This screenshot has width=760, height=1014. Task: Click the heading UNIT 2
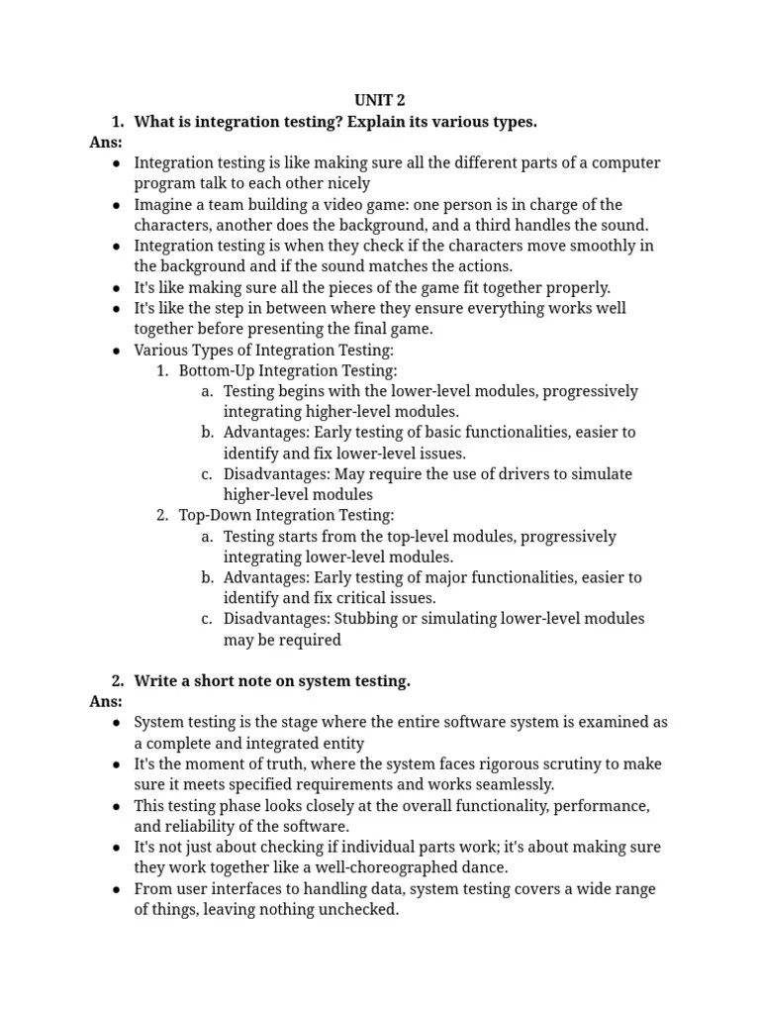(380, 101)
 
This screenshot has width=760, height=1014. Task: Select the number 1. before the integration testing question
(117, 122)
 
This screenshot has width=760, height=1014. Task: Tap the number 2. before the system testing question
(117, 680)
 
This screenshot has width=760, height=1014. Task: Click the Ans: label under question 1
(106, 143)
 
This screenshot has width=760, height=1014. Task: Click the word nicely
(346, 183)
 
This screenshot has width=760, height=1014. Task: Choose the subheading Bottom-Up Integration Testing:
(288, 370)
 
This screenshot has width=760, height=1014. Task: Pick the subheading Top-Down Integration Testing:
(286, 515)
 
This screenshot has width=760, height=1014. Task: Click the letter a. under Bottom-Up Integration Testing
(207, 391)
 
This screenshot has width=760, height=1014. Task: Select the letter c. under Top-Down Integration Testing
(207, 619)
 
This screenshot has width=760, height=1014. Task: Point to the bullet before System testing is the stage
(117, 723)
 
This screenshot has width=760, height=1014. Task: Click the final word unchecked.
(361, 909)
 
